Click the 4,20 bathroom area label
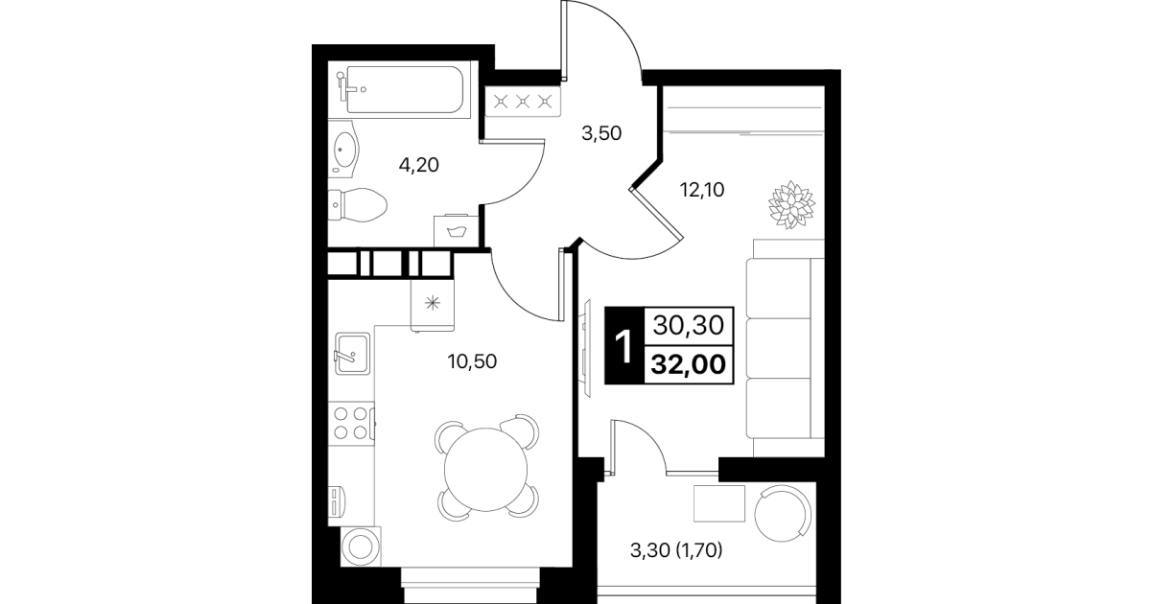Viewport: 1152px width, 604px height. (418, 166)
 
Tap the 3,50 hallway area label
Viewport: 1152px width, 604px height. (601, 133)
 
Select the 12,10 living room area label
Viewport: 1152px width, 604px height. (702, 190)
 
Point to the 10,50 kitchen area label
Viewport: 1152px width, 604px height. (472, 361)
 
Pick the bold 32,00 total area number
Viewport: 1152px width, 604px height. (688, 364)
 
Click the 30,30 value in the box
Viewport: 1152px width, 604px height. (688, 325)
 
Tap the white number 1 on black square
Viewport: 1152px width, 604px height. (623, 346)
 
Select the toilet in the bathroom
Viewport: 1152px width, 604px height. (358, 204)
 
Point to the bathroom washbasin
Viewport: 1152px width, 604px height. (343, 149)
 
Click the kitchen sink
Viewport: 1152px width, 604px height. (352, 354)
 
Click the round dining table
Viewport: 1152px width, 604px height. (486, 470)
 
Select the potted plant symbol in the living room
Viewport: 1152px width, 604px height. (791, 204)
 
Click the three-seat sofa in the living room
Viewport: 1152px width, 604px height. (786, 349)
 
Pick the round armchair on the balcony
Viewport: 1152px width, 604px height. (783, 514)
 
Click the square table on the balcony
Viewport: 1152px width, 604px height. (719, 503)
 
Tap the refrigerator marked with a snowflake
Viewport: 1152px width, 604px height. (433, 304)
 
